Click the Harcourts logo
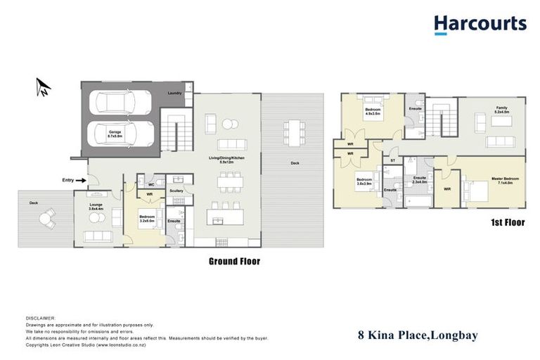(480, 25)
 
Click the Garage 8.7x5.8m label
(115, 134)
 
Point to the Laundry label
(175, 93)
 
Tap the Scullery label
(176, 190)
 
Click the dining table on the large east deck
(292, 131)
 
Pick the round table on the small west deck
(46, 219)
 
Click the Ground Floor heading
(234, 262)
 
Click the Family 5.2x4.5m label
(501, 110)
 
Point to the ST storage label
(392, 162)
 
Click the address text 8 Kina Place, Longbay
(418, 335)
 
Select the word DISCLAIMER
(40, 319)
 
